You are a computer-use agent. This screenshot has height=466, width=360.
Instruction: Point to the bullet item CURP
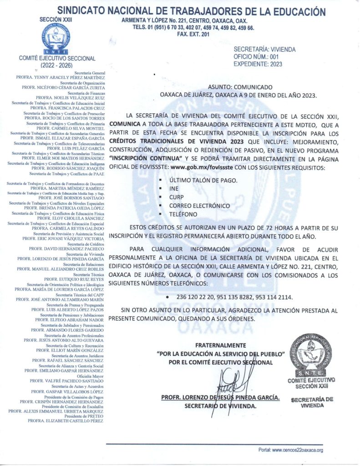coord(177,197)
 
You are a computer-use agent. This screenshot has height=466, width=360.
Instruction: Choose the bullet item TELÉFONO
coord(183,214)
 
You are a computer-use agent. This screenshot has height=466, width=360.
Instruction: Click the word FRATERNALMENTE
coord(220,345)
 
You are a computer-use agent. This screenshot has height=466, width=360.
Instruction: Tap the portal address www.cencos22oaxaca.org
coord(297,450)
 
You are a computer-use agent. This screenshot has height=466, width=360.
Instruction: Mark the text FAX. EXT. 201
coord(193,34)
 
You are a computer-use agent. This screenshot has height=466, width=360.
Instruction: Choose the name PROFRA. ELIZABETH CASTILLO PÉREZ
coord(66,421)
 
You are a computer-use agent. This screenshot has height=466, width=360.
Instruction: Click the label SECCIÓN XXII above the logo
coord(57,20)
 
